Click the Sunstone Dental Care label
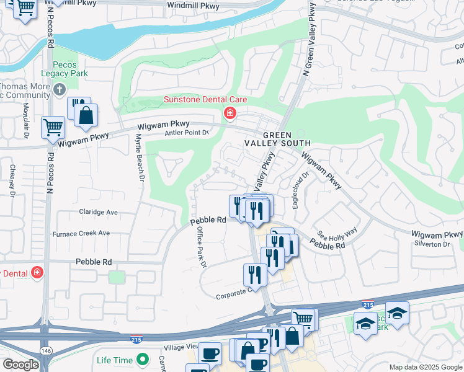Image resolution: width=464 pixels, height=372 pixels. pyautogui.click(x=205, y=99)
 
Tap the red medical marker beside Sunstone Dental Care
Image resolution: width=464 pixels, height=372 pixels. pyautogui.click(x=230, y=113)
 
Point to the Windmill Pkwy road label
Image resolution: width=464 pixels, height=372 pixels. pyautogui.click(x=194, y=6)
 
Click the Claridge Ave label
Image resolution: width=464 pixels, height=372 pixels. pyautogui.click(x=99, y=212)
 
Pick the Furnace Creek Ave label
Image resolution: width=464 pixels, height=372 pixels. pyautogui.click(x=85, y=234)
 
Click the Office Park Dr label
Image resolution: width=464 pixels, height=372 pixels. pyautogui.click(x=201, y=246)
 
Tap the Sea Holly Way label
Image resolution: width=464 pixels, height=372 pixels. pyautogui.click(x=337, y=234)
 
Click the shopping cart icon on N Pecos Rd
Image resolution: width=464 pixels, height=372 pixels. pyautogui.click(x=53, y=128)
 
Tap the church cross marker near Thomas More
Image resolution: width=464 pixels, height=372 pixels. pyautogui.click(x=60, y=90)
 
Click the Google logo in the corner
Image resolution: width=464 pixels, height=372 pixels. pyautogui.click(x=20, y=365)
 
